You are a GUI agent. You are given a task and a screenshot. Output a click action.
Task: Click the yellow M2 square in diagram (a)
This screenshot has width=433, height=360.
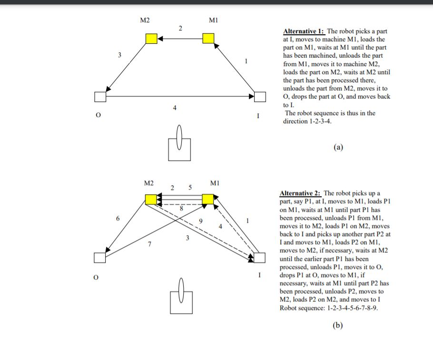(151, 39)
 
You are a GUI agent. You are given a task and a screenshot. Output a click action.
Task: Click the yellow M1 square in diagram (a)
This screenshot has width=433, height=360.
(208, 39)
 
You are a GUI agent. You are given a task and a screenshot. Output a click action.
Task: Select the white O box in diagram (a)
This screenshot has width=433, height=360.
(100, 97)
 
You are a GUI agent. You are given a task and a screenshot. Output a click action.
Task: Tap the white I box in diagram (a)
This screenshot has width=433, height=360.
(260, 97)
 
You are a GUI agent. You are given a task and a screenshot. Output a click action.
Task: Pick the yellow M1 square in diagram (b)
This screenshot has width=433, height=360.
(208, 199)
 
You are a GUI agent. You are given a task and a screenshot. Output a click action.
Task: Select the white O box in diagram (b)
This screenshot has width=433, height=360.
(99, 258)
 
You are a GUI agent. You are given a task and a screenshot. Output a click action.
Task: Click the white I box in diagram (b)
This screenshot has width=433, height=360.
(260, 258)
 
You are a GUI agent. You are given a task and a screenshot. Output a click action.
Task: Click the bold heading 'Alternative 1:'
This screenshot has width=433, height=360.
(304, 31)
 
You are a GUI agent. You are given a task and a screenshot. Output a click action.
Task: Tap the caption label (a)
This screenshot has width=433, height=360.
(338, 147)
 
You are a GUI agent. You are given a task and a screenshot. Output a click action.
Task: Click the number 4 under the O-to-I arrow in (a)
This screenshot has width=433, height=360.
(175, 108)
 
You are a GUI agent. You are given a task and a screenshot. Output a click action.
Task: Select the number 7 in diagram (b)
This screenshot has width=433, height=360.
(149, 244)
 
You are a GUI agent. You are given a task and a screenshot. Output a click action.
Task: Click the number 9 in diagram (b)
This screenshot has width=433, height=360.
(200, 221)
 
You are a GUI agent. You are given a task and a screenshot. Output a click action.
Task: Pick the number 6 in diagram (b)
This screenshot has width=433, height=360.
(117, 218)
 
